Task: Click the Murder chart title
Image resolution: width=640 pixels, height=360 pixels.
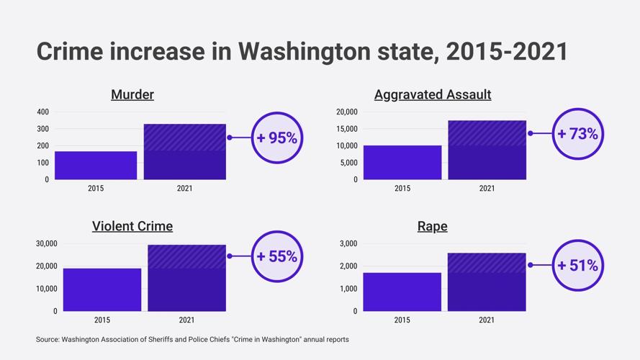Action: coord(132,94)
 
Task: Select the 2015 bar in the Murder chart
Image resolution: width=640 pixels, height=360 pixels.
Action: coord(96,165)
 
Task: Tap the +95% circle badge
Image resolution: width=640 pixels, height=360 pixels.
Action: coord(277,138)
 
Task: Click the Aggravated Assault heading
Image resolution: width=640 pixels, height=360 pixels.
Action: coord(433,94)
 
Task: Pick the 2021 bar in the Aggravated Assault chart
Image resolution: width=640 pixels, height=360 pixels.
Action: coord(487,150)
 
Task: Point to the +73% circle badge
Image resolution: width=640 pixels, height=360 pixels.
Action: coord(577,134)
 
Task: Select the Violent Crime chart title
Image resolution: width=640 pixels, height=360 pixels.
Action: coord(132,226)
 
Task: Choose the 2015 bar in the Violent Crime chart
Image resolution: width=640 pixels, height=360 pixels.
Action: coord(102,289)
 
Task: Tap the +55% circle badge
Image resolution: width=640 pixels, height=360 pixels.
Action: coord(277,256)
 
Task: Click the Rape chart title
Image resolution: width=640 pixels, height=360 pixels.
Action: coord(433,226)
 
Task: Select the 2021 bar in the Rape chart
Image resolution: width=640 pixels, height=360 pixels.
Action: coord(487,282)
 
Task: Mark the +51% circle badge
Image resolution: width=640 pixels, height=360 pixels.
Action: coord(577,266)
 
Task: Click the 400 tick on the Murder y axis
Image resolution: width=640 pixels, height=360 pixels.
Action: coord(42,112)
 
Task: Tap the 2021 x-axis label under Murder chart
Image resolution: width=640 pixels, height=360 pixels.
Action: coord(184,189)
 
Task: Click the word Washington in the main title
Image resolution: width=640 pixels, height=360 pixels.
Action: coord(310,52)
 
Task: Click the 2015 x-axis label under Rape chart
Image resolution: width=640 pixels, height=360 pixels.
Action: coord(402,320)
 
